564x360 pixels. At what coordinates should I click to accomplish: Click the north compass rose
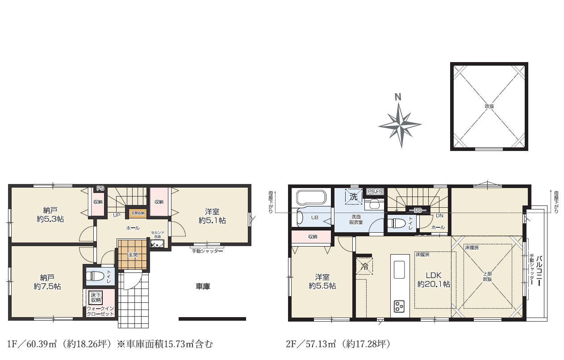pos(400,125)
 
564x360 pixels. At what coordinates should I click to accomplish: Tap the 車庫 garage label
pos(203,287)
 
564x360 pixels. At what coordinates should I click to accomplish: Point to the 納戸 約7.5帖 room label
pos(47,282)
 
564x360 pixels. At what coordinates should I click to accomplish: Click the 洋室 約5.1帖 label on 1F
pos(212,216)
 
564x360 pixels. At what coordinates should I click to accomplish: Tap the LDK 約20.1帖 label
pos(433,279)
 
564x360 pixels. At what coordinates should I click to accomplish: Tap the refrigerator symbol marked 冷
pos(364,266)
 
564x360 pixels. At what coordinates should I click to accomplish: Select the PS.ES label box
pos(375,192)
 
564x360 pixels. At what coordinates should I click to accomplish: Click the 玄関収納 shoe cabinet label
pos(137,213)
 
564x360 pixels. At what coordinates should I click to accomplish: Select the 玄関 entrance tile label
pos(133,255)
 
